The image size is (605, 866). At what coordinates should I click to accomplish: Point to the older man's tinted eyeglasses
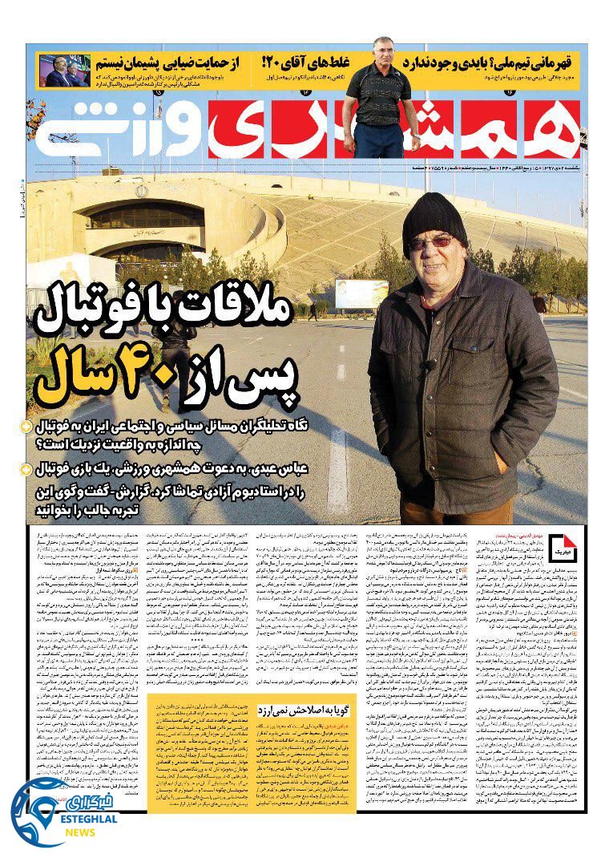pos(430,242)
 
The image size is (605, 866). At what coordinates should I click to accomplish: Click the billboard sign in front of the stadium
pos(361,293)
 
